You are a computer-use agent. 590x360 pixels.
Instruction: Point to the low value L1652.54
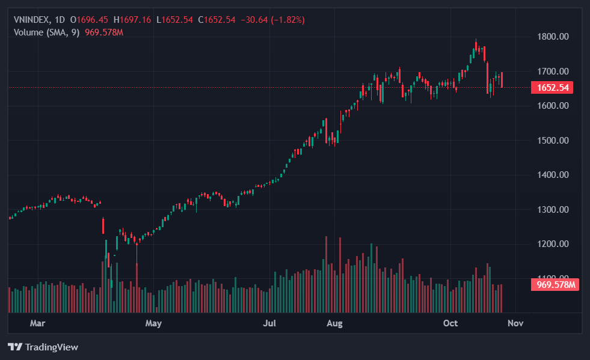click(x=174, y=20)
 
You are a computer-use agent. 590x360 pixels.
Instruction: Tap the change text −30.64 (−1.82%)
click(x=272, y=20)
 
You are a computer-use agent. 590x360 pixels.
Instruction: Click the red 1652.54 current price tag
click(x=552, y=88)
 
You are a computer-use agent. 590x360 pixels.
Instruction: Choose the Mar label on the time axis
click(x=38, y=323)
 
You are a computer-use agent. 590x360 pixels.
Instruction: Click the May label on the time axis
click(x=154, y=323)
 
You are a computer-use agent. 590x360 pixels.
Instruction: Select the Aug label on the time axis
click(x=334, y=323)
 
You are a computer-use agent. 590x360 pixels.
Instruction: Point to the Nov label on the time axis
click(x=515, y=323)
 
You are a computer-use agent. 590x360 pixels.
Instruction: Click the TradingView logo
click(x=43, y=347)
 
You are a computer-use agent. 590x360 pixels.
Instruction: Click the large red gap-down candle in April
click(x=103, y=226)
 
